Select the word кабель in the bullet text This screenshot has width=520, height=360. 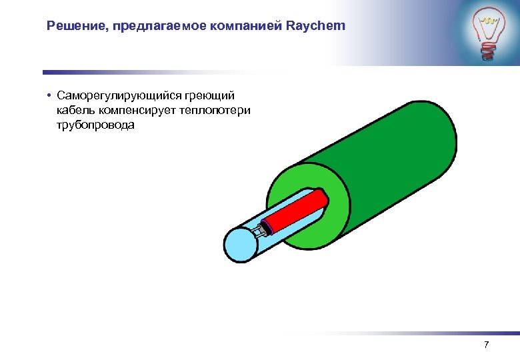[x=75, y=110]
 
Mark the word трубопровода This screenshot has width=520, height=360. [x=95, y=125]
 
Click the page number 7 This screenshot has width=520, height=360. [x=486, y=345]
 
